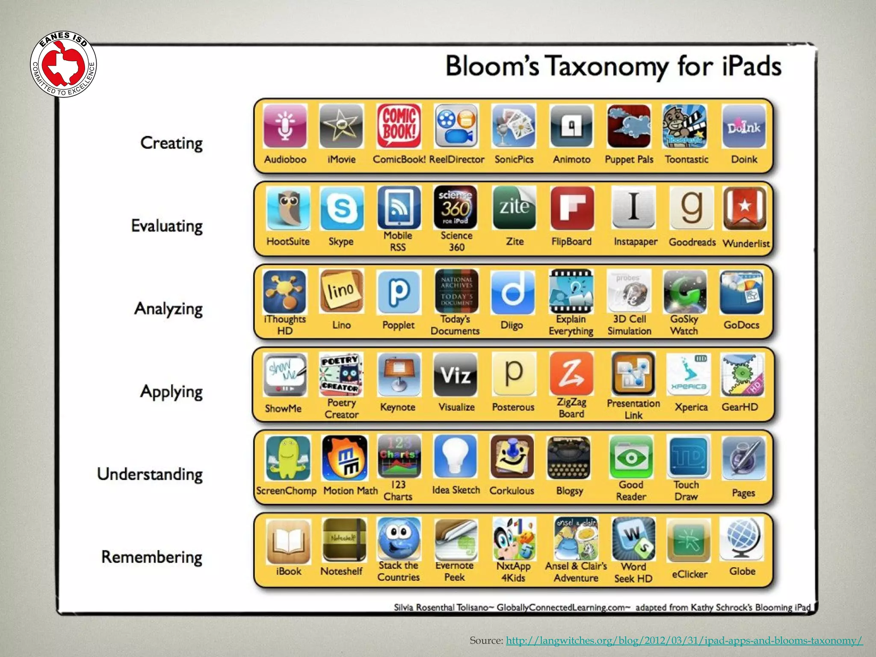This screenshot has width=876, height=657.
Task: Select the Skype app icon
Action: click(x=341, y=208)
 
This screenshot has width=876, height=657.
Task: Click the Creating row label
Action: click(x=171, y=143)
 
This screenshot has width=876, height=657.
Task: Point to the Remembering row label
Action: click(x=151, y=557)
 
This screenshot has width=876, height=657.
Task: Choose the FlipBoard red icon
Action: click(x=572, y=208)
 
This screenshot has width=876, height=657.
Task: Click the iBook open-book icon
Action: click(x=288, y=541)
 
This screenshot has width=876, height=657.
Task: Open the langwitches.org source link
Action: click(x=684, y=640)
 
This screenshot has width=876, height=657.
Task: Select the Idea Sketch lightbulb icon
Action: click(x=455, y=457)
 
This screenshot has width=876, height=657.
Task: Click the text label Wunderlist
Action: click(x=746, y=243)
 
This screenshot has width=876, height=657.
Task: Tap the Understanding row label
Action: click(x=150, y=474)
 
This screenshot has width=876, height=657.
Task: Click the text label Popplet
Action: click(x=398, y=325)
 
